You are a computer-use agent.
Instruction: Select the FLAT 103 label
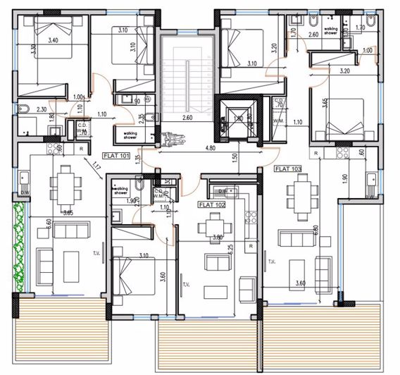point(288,169)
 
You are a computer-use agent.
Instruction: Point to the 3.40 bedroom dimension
point(52,41)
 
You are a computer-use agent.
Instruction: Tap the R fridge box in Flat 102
point(250,245)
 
